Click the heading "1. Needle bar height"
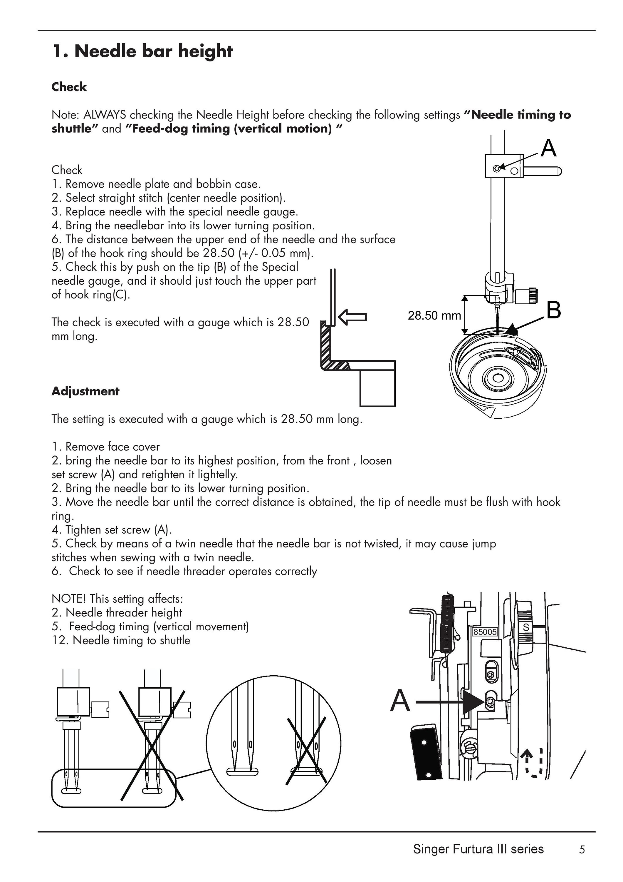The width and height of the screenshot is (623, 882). coord(142,51)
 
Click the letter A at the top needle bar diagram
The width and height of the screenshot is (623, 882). coord(548,148)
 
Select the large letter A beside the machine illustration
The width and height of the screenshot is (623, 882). coord(400,700)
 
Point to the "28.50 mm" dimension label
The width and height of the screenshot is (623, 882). coord(434,315)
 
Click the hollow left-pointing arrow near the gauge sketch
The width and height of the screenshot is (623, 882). coord(353,317)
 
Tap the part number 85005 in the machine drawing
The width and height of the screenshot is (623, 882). coord(485,632)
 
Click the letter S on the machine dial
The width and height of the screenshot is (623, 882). coord(526,627)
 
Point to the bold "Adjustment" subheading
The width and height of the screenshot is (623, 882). coord(85,391)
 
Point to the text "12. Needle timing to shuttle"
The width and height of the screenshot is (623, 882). coord(121,640)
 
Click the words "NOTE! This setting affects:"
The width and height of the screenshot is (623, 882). coord(117,599)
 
